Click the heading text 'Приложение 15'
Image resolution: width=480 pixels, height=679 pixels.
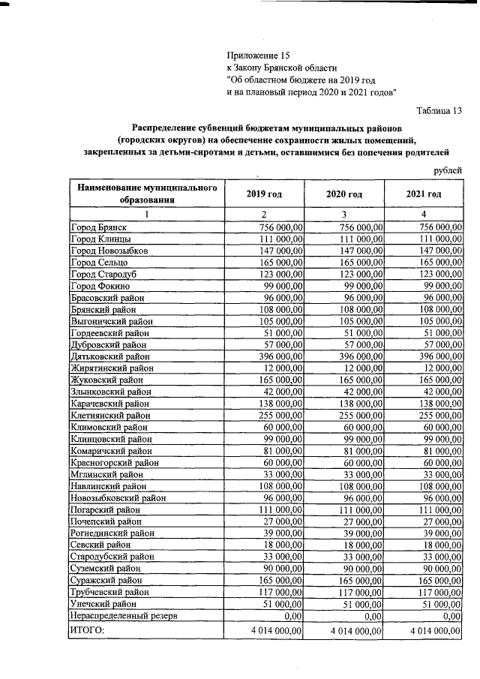coord(257,56)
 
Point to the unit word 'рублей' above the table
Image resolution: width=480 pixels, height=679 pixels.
coord(448,170)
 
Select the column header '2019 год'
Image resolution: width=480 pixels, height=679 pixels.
coord(264,194)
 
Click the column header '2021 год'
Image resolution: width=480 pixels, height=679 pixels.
coord(424,194)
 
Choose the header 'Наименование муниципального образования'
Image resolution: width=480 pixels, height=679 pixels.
coord(147,194)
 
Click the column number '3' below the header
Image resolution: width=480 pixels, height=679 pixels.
coord(344,215)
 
